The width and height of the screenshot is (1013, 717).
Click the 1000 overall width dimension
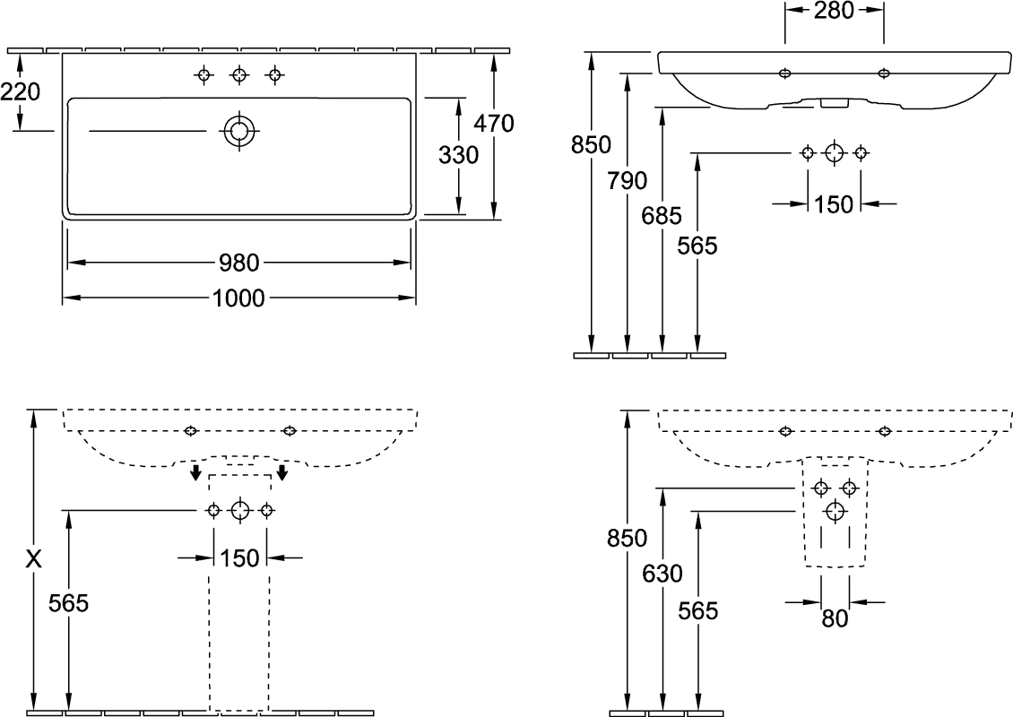[238, 298]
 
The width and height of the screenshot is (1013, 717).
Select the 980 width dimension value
[239, 263]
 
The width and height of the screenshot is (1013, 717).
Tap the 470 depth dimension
[494, 123]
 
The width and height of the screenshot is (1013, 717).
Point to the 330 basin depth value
[459, 155]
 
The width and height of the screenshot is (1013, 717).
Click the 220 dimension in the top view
[20, 92]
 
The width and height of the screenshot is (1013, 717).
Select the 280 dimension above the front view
[834, 11]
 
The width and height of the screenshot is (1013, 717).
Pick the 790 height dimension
[627, 181]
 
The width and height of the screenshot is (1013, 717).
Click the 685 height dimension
[662, 216]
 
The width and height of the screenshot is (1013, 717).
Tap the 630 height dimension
[662, 574]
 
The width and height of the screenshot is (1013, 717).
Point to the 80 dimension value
[835, 618]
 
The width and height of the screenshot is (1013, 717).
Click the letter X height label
[33, 559]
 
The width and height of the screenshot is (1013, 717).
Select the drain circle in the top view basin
[239, 131]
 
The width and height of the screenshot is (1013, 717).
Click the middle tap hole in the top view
[239, 75]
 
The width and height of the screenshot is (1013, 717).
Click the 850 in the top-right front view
[591, 145]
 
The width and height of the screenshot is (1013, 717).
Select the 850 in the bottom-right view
[627, 538]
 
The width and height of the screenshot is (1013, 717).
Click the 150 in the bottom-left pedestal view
[239, 558]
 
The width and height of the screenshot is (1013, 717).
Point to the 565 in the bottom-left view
[68, 603]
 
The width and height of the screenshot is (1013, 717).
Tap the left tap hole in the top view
[204, 75]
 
